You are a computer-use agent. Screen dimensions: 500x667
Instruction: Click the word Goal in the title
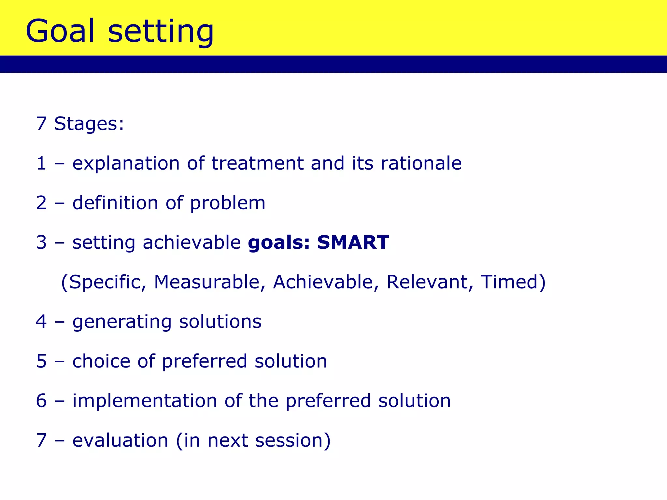click(x=60, y=31)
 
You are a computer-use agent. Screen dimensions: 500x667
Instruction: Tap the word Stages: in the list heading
click(x=89, y=124)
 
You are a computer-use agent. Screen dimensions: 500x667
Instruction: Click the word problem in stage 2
click(x=228, y=204)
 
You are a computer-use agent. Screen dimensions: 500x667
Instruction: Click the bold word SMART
click(x=353, y=243)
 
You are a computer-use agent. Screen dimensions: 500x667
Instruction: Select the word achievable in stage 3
click(x=192, y=243)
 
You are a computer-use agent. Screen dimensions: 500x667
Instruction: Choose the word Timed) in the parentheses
click(x=513, y=282)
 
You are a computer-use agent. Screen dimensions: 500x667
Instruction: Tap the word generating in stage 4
click(x=122, y=323)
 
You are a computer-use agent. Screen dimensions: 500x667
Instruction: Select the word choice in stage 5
click(x=101, y=361)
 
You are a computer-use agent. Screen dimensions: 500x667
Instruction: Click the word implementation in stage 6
click(x=144, y=401)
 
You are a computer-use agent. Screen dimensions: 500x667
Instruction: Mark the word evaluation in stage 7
click(x=120, y=440)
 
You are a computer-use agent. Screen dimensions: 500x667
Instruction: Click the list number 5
click(x=41, y=361)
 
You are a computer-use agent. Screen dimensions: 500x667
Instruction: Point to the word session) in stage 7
click(x=293, y=441)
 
